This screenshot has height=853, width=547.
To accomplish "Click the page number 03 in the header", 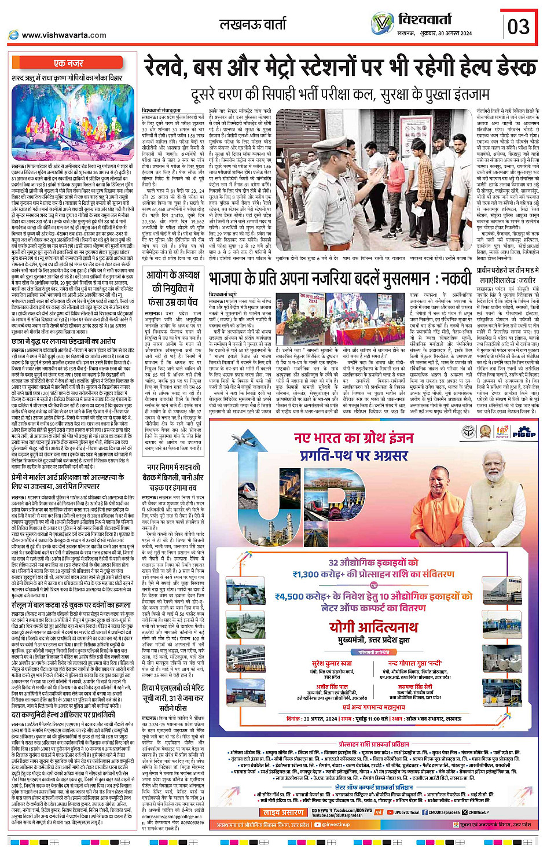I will coord(519,27).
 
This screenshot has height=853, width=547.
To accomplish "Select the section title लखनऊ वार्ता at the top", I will coord(252,24).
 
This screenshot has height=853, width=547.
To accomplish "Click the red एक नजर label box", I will coord(68,63).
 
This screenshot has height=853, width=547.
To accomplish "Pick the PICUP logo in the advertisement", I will coord(523,432).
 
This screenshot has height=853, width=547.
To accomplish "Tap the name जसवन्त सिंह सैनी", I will coord(418,687).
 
